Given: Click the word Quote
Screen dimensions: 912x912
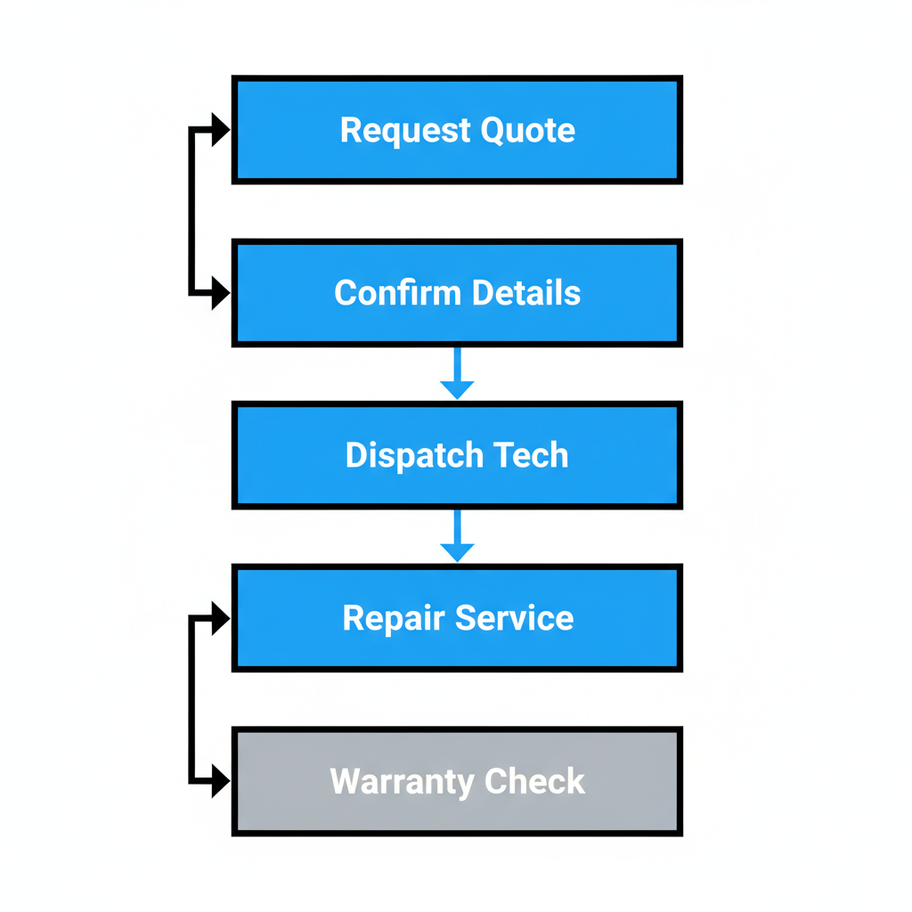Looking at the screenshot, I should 528,131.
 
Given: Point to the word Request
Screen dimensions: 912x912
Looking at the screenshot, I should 404,131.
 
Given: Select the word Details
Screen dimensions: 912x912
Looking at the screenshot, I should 526,293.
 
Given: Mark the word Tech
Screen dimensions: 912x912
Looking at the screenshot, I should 530,455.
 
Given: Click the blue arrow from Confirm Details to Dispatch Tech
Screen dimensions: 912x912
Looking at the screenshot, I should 457,374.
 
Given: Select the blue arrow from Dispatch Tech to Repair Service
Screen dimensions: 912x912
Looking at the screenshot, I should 457,537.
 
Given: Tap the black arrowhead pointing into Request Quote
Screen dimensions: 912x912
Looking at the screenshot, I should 219,130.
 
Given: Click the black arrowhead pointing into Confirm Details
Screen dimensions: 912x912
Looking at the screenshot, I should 219,292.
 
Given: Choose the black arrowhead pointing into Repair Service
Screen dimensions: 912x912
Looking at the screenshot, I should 219,618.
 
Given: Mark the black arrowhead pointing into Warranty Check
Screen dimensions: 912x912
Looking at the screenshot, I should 219,781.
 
